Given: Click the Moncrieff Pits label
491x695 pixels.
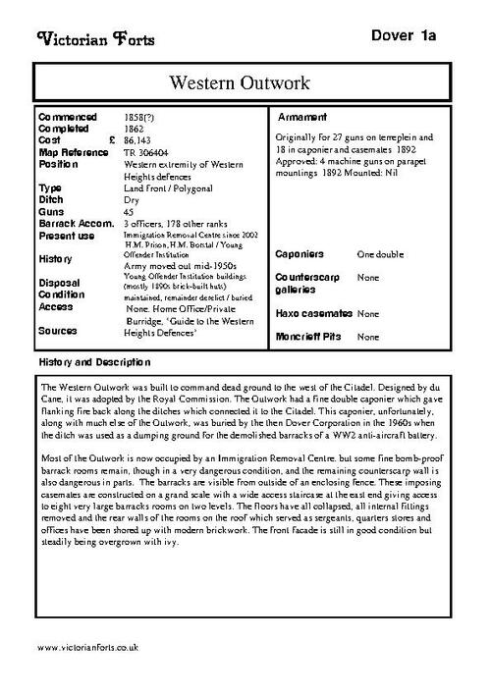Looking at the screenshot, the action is point(310,337).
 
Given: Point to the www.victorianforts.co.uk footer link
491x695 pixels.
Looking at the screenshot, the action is point(87,649).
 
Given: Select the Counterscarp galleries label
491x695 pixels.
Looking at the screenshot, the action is point(308,284).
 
